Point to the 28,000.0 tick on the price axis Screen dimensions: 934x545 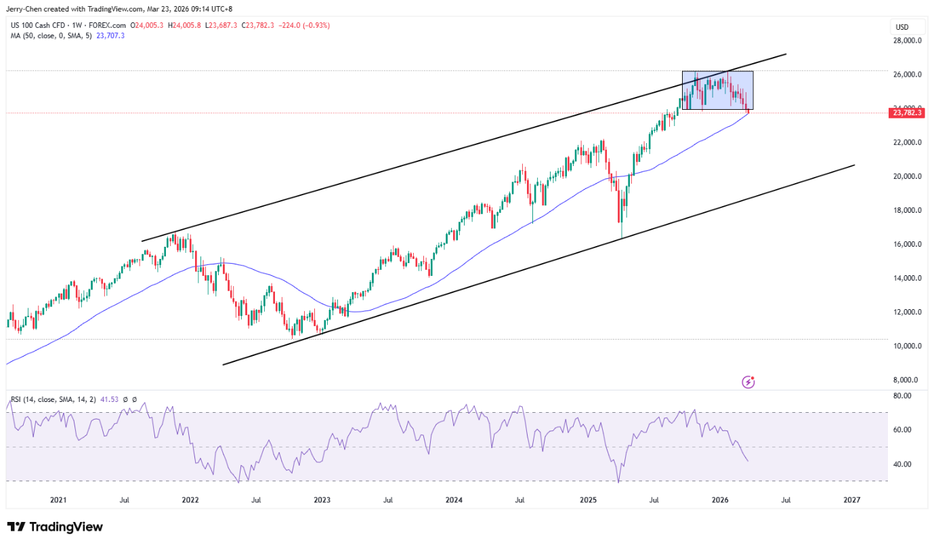coord(907,41)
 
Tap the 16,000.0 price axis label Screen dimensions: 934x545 coord(907,244)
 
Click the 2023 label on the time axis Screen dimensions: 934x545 coord(322,500)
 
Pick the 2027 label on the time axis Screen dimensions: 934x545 coord(851,500)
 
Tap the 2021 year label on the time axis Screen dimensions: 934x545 coord(58,500)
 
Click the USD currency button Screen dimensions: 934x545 coord(902,27)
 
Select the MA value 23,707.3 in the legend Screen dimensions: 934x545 coord(110,36)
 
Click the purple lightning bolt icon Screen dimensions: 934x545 coord(748,382)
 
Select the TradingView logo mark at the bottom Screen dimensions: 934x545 coord(17,527)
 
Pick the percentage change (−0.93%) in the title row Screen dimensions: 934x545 coord(316,26)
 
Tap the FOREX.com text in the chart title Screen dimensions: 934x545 coord(107,26)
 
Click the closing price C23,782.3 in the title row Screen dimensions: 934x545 coord(257,26)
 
